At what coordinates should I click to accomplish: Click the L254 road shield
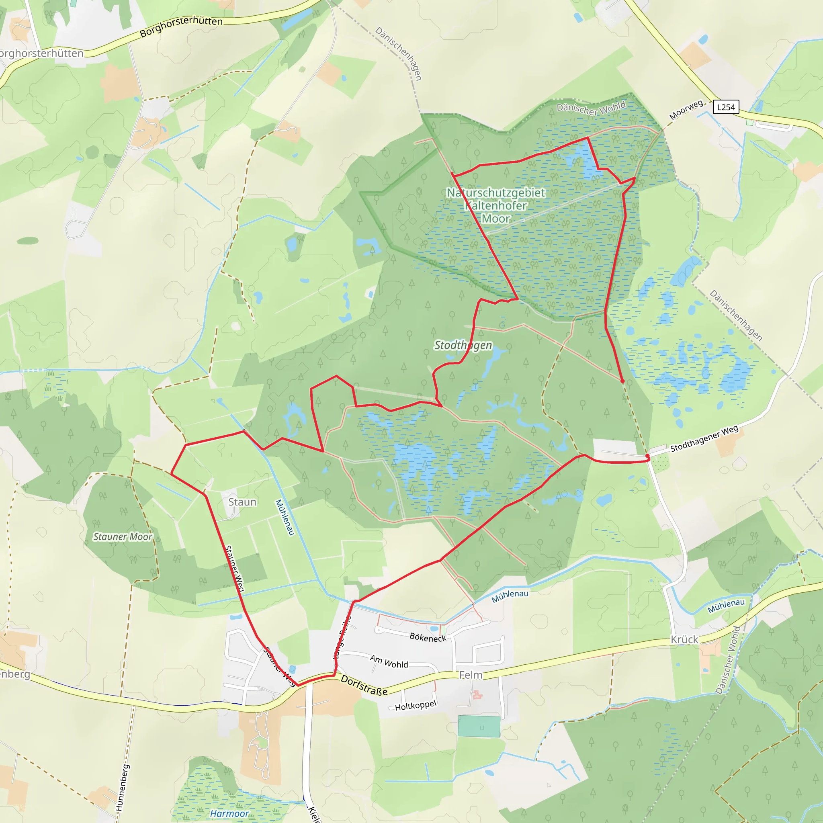(726, 107)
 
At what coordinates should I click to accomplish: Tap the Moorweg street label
(686, 110)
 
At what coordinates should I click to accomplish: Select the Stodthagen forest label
(463, 345)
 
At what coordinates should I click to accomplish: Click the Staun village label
(242, 502)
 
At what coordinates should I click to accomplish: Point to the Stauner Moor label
(123, 537)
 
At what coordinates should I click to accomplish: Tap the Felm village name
(471, 675)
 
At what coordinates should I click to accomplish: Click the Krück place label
(684, 639)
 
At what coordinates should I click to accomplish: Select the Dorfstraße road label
(364, 686)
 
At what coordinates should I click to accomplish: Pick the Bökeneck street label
(428, 637)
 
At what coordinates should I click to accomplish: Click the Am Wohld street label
(389, 661)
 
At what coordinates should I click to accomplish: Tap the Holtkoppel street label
(416, 705)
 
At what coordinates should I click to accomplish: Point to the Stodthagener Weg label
(704, 439)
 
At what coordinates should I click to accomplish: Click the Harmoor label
(229, 814)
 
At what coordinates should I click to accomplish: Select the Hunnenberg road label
(122, 788)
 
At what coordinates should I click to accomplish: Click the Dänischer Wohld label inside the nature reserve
(591, 108)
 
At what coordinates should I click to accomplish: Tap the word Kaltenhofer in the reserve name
(496, 206)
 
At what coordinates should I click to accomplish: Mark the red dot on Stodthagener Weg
(647, 456)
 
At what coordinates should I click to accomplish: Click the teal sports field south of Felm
(479, 727)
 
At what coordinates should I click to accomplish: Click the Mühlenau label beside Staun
(285, 517)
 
